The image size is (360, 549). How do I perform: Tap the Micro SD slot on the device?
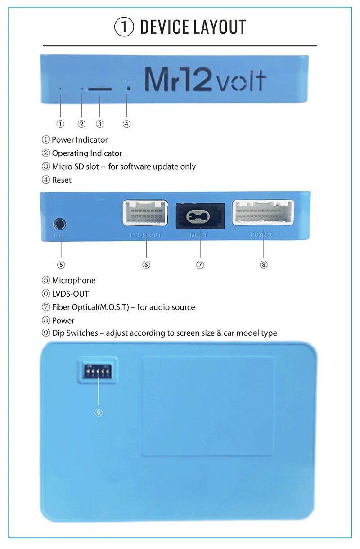click(x=100, y=89)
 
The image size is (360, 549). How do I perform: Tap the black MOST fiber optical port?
click(x=199, y=216)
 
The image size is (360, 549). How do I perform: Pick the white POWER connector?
click(x=263, y=212)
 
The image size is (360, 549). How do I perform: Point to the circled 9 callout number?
click(x=99, y=412)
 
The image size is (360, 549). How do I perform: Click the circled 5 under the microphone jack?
click(x=61, y=265)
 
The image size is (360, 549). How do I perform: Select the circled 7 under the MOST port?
click(x=200, y=265)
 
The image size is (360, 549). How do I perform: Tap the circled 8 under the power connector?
click(x=264, y=265)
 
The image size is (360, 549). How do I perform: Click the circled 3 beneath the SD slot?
click(x=100, y=124)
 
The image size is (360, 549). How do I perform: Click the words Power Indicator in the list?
click(x=80, y=140)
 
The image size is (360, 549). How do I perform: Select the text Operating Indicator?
click(x=87, y=153)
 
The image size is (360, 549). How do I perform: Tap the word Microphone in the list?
click(x=74, y=280)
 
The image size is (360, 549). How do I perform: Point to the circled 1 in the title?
click(x=124, y=27)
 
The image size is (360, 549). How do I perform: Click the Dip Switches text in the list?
click(x=75, y=333)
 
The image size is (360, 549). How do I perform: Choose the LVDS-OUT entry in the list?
click(x=70, y=294)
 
